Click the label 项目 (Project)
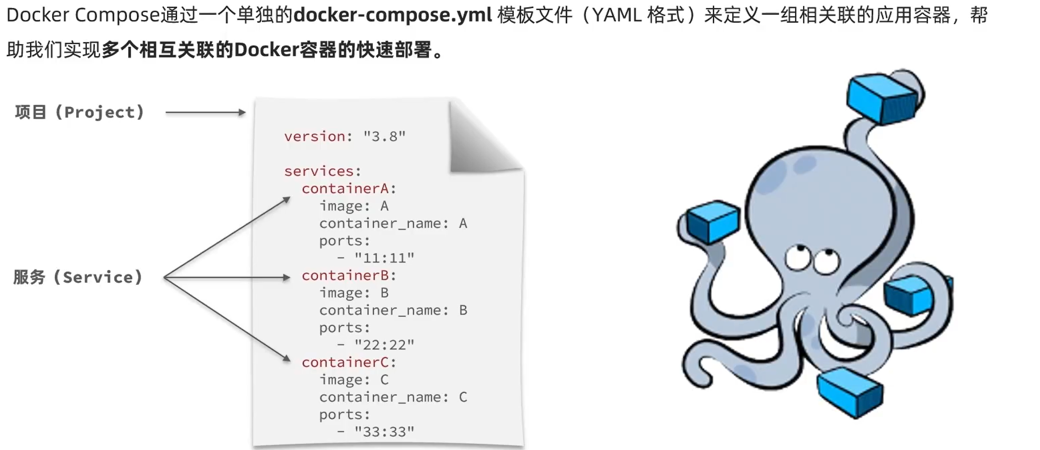click(79, 112)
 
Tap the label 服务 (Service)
click(78, 277)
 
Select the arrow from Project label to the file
click(205, 112)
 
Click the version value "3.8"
click(384, 136)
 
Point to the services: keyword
click(322, 171)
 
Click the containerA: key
click(348, 188)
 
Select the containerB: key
click(348, 275)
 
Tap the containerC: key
click(348, 362)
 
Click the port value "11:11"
click(384, 258)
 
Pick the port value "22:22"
click(384, 345)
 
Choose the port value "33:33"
click(384, 432)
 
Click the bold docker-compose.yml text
click(392, 15)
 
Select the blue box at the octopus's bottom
click(850, 392)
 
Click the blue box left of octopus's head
click(713, 221)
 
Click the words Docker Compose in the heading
click(83, 15)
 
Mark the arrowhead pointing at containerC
click(286, 358)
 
